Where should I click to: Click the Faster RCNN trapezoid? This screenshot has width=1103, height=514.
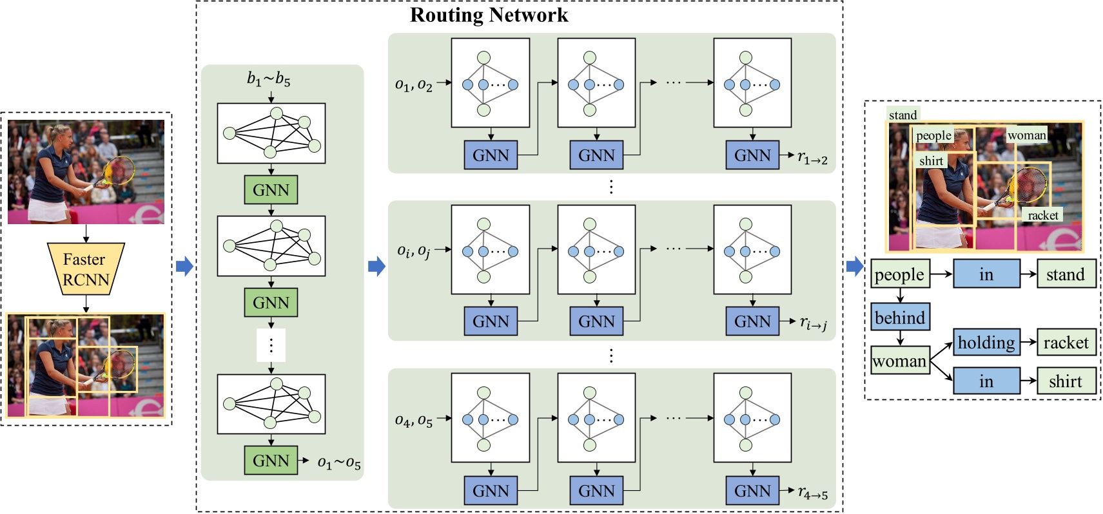click(86, 269)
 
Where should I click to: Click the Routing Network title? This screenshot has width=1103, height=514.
click(489, 15)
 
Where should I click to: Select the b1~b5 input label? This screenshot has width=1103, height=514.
click(269, 79)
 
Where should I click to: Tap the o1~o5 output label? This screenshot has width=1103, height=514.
click(339, 463)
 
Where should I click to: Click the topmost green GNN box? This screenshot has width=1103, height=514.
click(271, 190)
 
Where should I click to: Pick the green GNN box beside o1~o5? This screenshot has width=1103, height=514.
click(271, 461)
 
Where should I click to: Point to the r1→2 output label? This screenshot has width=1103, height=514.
click(812, 157)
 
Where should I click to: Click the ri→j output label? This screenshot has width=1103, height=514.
click(813, 323)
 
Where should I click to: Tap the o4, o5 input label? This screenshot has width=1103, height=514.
click(413, 421)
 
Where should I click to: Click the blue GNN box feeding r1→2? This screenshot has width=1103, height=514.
click(752, 155)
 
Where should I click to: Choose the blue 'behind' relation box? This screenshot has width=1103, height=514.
click(900, 318)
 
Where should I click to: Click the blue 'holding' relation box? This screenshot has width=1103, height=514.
click(986, 343)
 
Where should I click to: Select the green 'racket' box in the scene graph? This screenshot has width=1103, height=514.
click(1066, 343)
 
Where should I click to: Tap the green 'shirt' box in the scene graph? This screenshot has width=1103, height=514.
click(1066, 381)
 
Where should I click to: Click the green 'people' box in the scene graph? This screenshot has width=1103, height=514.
click(899, 274)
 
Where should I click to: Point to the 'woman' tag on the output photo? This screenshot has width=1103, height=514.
click(1026, 135)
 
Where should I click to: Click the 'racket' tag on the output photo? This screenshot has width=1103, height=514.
click(1042, 215)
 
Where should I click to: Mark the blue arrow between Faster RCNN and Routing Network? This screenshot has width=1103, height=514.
click(184, 266)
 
